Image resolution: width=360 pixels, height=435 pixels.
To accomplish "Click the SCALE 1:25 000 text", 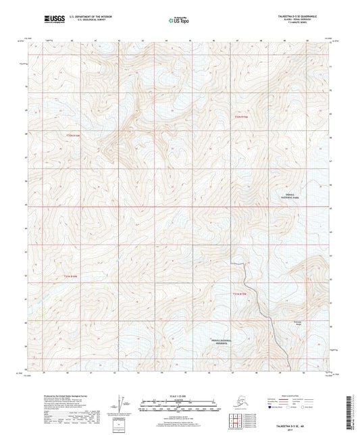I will click(x=179, y=395).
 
